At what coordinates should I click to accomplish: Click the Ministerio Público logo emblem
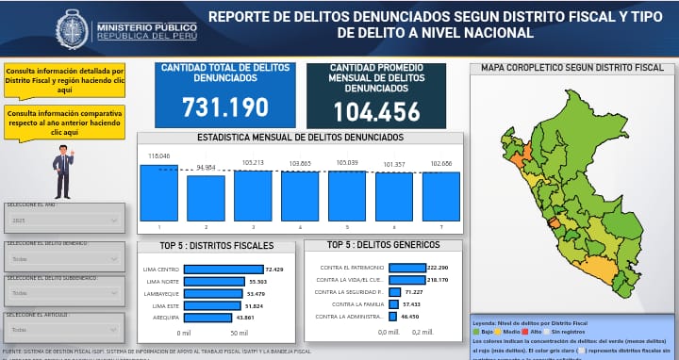pyautogui.click(x=74, y=28)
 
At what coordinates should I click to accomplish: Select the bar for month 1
pyautogui.click(x=158, y=193)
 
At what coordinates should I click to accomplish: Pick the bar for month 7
pyautogui.click(x=440, y=196)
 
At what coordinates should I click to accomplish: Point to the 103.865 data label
pyautogui.click(x=300, y=164)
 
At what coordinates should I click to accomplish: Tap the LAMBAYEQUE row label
pyautogui.click(x=161, y=294)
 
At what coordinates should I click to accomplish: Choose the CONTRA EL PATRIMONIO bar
pyautogui.click(x=406, y=268)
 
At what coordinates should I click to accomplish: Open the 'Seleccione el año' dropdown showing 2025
pyautogui.click(x=62, y=221)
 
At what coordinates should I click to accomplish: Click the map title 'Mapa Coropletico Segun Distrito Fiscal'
pyautogui.click(x=572, y=68)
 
